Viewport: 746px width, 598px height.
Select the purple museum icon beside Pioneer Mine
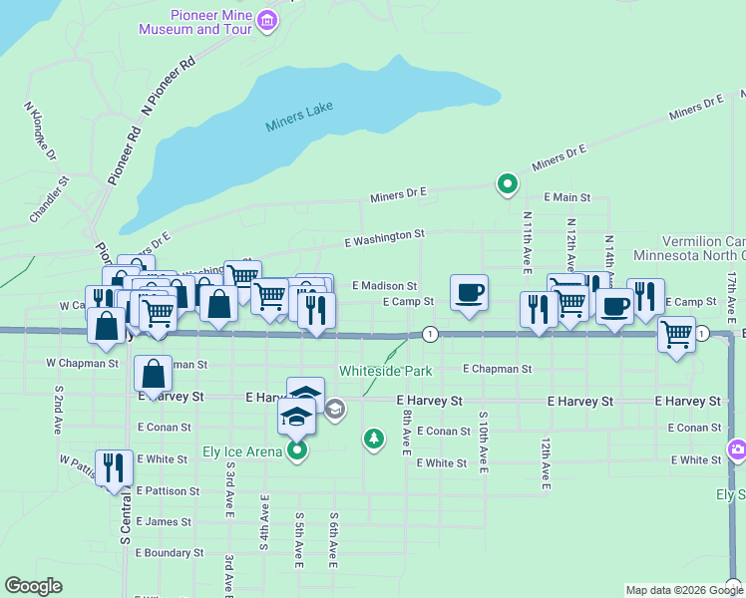coord(267,20)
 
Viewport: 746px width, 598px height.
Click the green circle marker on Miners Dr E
coord(507,183)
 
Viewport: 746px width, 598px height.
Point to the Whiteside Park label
coord(385,371)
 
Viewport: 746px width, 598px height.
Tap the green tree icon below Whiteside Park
coord(374,438)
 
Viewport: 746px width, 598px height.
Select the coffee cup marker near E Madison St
coord(469,292)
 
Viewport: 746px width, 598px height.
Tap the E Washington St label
coord(384,237)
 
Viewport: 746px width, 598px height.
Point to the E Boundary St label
coord(170,552)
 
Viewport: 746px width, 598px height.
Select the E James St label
coord(163,521)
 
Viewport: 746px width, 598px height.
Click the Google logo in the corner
coord(34,586)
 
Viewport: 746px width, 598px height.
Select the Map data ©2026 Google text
coord(685,590)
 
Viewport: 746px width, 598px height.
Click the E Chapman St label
coord(498,368)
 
